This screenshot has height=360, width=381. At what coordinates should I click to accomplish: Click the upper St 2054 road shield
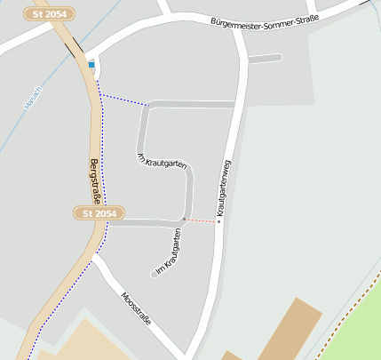coord(50,14)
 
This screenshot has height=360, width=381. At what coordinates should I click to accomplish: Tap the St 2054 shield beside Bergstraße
coord(99,213)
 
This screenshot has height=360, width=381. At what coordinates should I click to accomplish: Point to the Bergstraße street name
coord(95,180)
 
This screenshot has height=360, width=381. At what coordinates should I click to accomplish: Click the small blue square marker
coord(91,64)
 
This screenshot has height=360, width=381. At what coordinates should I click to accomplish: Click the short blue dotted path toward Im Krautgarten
coord(123,100)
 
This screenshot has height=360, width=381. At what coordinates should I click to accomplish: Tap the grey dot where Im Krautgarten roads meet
coord(184,219)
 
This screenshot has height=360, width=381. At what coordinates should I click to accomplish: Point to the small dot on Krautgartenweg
coord(218,221)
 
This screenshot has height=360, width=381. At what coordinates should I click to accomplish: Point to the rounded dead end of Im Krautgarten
coord(155,274)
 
